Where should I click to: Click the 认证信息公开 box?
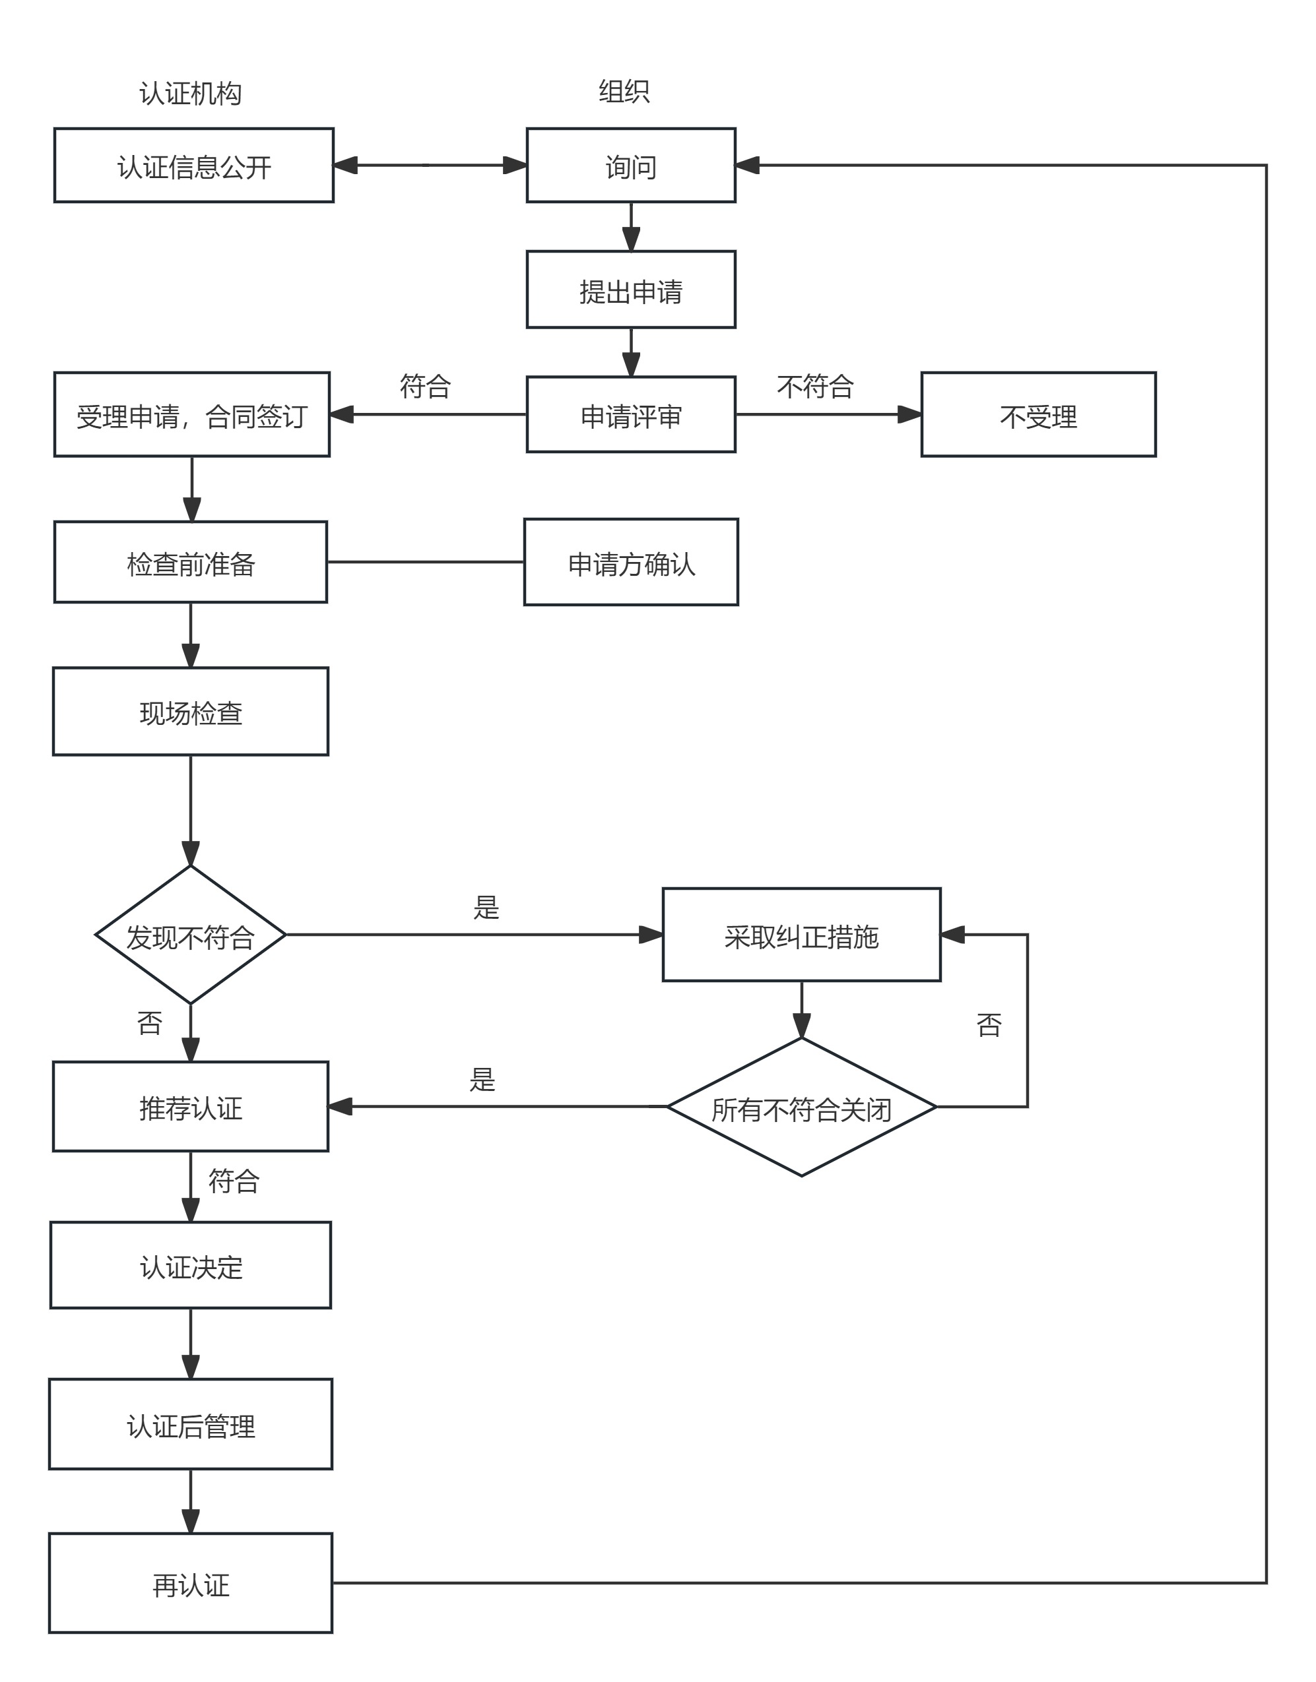point(193,166)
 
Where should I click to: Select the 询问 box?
point(630,166)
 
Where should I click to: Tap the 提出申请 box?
point(630,290)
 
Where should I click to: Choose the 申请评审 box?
point(630,414)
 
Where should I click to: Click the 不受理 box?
point(1038,414)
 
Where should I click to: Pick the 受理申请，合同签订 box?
point(192,414)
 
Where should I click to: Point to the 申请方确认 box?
point(630,562)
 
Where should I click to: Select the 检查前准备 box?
point(190,562)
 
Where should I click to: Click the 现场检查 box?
point(190,712)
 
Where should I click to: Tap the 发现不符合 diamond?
point(190,935)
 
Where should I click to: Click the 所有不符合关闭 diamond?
point(801,1107)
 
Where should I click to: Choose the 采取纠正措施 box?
point(801,935)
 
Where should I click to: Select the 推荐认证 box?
point(190,1107)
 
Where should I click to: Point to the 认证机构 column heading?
point(190,93)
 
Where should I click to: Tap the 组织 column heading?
point(624,92)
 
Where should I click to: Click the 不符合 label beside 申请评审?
point(815,386)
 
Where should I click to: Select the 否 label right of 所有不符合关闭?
point(989,1025)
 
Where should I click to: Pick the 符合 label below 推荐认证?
point(234,1181)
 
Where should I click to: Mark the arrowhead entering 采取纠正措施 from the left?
point(651,935)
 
